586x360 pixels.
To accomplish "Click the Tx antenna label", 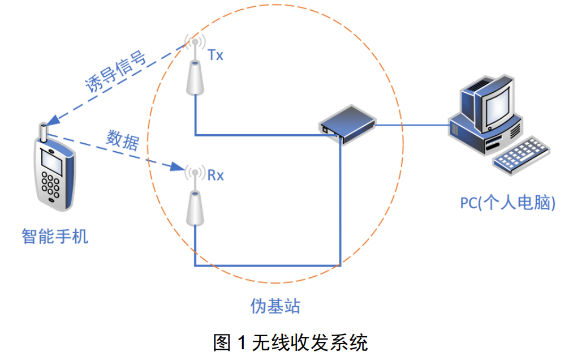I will [216, 55].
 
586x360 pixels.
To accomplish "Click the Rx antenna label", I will [216, 175].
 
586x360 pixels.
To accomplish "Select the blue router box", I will [347, 123].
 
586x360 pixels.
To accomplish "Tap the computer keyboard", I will [520, 154].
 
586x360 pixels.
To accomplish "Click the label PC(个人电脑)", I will [507, 203].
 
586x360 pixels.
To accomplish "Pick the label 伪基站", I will [275, 307].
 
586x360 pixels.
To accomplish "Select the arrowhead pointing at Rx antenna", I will [177, 167].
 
